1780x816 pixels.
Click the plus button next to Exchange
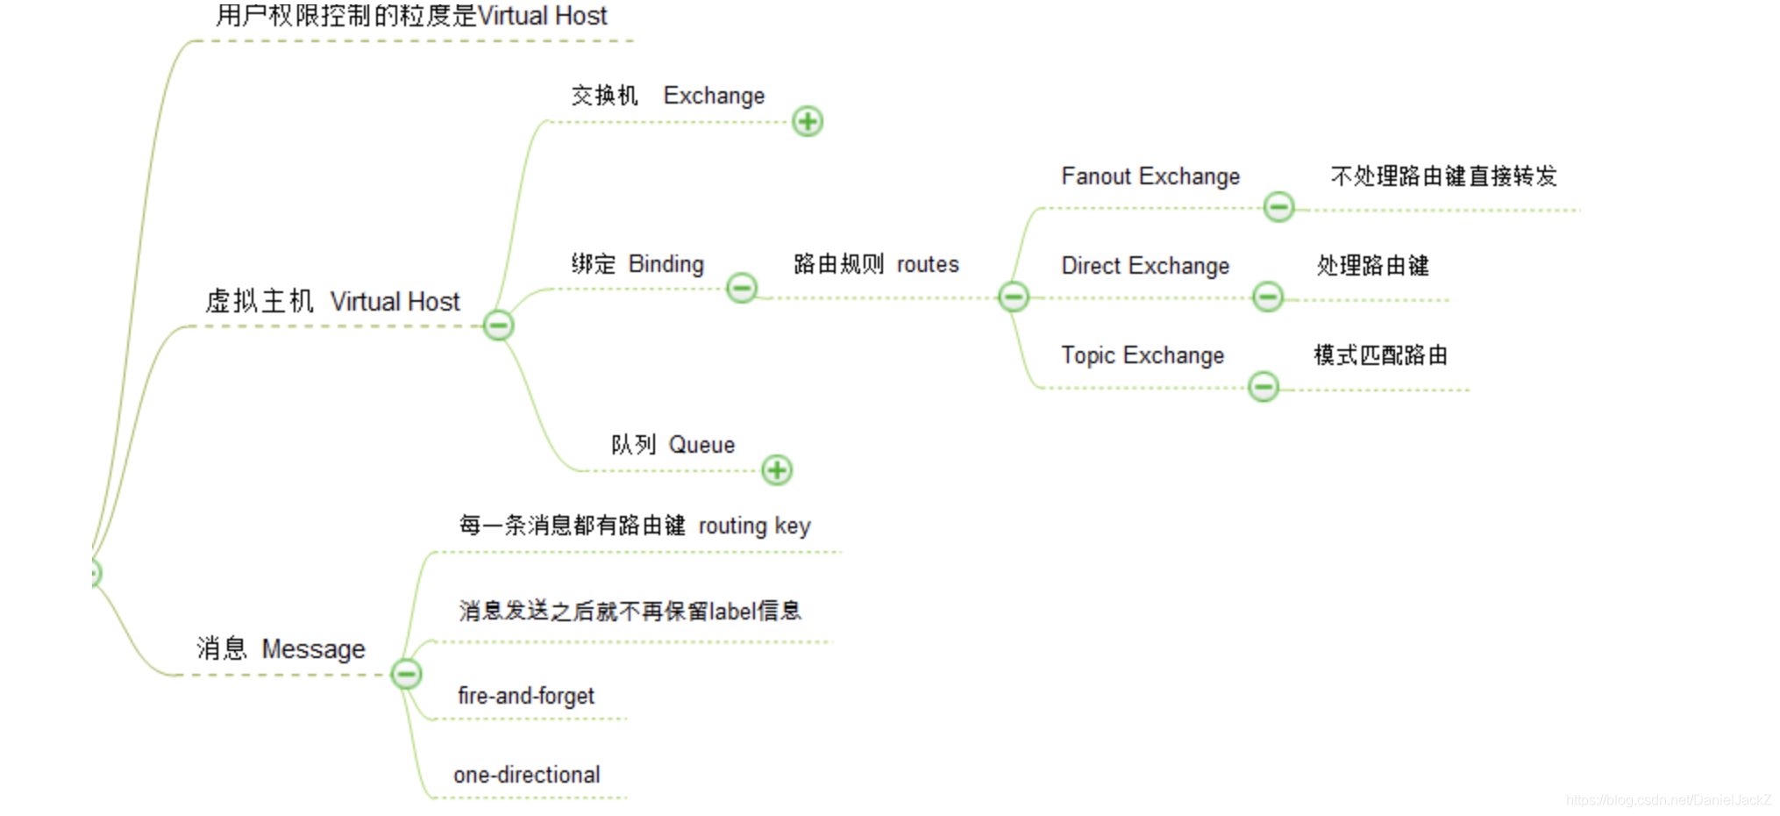point(808,121)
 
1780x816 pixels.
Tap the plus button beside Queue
point(777,469)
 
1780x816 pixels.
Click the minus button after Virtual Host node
point(498,326)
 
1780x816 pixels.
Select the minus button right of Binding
point(742,288)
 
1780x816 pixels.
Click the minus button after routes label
point(1014,297)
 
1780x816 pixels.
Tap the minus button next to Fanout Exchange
point(1278,207)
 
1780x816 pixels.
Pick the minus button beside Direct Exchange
point(1267,297)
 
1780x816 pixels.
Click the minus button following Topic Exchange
point(1263,386)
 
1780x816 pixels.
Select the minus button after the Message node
point(406,674)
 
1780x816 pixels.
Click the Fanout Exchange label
point(1150,176)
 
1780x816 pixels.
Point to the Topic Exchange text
point(1142,355)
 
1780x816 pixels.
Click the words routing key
point(754,526)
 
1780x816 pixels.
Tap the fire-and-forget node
point(525,696)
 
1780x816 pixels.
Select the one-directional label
point(526,775)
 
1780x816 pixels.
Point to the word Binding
point(666,264)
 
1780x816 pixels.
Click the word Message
point(313,649)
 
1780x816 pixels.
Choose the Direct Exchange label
point(1144,266)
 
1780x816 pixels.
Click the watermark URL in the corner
point(1668,800)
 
